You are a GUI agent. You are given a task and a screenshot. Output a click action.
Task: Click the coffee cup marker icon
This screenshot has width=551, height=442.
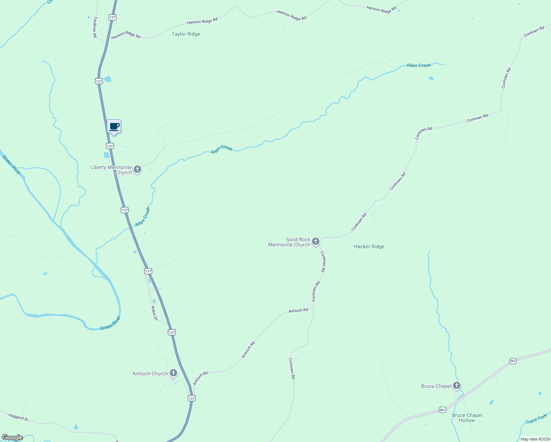click(x=114, y=126)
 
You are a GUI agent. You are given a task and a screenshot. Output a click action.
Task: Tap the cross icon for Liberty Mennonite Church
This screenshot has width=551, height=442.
click(x=137, y=169)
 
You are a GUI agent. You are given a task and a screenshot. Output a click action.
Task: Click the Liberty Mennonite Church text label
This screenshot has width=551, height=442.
click(x=111, y=170)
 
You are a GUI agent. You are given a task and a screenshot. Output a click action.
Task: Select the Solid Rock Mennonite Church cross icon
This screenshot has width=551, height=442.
click(x=316, y=242)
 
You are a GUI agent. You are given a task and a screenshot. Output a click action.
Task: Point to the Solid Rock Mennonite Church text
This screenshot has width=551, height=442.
click(x=289, y=242)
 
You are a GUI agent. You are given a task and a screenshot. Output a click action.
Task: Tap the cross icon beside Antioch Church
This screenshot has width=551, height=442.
click(x=173, y=373)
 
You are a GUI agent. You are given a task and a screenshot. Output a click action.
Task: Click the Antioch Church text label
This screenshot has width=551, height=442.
click(x=150, y=373)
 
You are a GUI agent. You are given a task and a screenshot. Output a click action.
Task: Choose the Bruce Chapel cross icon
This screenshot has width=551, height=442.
click(x=457, y=386)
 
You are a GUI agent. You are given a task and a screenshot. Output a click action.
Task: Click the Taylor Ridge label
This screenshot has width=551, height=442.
click(x=186, y=34)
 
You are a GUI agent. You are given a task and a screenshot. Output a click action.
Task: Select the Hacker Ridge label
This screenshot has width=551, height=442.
click(x=369, y=246)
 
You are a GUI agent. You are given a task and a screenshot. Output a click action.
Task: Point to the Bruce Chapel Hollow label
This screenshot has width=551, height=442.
click(x=467, y=418)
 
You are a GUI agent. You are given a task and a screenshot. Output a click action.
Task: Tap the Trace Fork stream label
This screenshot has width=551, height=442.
click(x=536, y=419)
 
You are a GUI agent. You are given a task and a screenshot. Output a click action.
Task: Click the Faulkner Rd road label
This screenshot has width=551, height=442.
click(x=95, y=27)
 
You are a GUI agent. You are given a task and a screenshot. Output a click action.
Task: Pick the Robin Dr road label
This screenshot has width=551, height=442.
click(x=154, y=313)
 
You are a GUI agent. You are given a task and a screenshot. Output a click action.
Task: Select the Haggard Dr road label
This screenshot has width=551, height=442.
click(x=18, y=417)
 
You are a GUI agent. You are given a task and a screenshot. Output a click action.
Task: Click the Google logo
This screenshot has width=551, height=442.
click(x=12, y=438)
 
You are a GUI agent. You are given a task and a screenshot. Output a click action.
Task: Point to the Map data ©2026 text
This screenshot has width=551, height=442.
click(x=535, y=439)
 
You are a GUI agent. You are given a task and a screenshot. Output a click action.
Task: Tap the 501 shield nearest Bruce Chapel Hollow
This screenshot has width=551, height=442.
click(x=442, y=410)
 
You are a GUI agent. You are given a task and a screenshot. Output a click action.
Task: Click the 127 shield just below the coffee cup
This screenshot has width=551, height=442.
click(x=110, y=146)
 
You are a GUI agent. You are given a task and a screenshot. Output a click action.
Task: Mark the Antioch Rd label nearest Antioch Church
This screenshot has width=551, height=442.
click(x=200, y=378)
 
